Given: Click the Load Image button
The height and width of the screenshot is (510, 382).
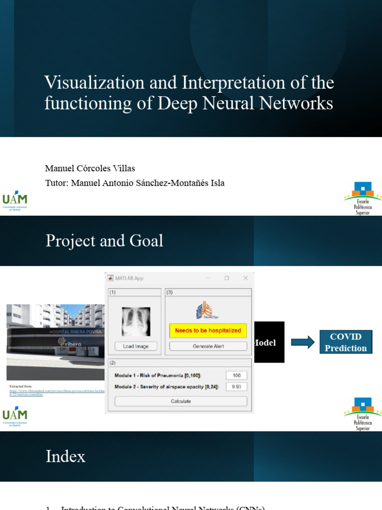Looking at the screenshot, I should (x=136, y=346).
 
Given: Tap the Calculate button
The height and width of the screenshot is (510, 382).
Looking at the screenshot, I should (x=181, y=401).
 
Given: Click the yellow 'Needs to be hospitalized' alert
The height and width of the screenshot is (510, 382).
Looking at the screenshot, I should (x=208, y=330).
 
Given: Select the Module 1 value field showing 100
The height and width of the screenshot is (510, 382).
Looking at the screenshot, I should (x=236, y=376).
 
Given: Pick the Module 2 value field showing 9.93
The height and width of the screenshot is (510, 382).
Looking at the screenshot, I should (x=236, y=386).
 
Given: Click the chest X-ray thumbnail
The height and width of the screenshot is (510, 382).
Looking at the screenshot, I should (x=136, y=321).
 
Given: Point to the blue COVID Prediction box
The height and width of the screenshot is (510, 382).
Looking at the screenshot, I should (x=346, y=342).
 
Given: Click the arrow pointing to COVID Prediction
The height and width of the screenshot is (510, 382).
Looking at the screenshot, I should (x=303, y=342).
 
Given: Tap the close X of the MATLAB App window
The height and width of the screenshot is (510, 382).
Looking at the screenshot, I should (x=245, y=278).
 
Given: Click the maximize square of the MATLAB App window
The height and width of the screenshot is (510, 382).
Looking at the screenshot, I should (x=226, y=278).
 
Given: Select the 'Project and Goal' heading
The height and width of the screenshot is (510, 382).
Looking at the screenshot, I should (x=104, y=241).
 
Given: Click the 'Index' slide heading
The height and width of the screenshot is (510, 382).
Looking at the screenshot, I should (x=66, y=456).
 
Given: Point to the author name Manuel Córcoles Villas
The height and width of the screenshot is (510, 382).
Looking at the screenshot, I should (x=90, y=168).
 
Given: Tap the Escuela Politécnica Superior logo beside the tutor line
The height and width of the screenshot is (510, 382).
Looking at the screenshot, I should (x=363, y=198).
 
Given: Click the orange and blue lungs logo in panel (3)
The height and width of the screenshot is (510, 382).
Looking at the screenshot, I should (x=204, y=311).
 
